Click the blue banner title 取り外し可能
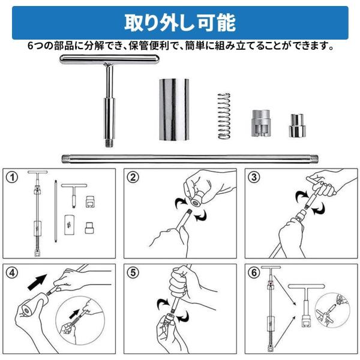pos(180,23)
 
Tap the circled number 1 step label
pos(12,177)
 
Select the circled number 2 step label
pos(133,177)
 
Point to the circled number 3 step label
pos(254,177)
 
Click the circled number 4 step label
pos(12,273)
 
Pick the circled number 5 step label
pos(133,273)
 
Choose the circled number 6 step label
pos(254,273)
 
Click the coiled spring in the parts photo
pos(224,116)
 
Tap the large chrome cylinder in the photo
pos(174,109)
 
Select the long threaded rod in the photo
pos(190,158)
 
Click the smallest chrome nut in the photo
pos(297,125)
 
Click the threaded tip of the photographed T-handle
pos(110,143)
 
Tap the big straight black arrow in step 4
pos(37,282)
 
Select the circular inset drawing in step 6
pos(332,310)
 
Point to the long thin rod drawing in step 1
pos(55,211)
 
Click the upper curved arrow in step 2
pos(181,203)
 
